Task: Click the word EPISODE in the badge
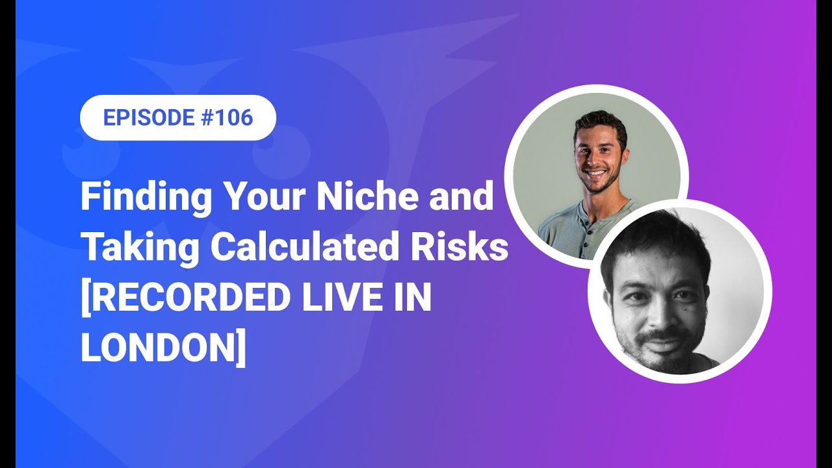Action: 149,118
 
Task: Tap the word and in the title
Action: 463,197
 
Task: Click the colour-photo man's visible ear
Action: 624,152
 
